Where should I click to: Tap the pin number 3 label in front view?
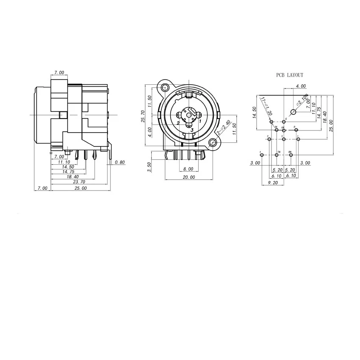(192, 130)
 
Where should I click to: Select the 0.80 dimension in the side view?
(120, 162)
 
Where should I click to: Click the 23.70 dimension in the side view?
(79, 182)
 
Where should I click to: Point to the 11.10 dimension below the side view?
(64, 162)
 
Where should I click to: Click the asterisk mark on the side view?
(51, 153)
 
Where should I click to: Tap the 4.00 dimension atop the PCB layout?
(301, 86)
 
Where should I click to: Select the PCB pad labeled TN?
(277, 155)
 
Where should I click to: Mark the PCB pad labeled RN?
(291, 155)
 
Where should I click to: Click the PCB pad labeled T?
(261, 155)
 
